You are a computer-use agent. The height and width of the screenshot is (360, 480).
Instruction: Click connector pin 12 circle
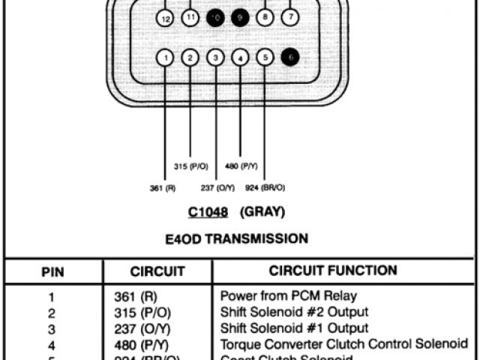point(166,18)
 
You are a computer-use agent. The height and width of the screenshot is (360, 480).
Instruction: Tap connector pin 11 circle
point(190,16)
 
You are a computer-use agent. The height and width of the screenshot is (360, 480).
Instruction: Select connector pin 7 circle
point(290,16)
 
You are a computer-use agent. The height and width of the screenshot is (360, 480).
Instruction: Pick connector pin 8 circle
point(265,16)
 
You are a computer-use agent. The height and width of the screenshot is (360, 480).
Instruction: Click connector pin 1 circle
point(166,57)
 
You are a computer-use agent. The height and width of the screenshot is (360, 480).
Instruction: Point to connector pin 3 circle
point(215,57)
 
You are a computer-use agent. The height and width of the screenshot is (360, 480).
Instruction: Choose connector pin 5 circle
point(265,56)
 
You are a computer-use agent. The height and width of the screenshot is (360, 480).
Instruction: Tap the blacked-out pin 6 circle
point(290,56)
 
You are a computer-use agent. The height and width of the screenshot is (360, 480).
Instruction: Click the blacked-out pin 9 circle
point(240,16)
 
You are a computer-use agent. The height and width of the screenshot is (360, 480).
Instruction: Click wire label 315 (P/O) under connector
point(190,166)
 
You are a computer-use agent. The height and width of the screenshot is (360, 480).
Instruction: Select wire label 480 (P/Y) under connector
point(241,166)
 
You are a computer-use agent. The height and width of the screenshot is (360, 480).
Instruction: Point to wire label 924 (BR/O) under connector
point(265,187)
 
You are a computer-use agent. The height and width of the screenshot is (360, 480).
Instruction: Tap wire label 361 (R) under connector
point(163,187)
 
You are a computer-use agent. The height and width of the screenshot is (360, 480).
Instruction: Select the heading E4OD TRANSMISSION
point(236,239)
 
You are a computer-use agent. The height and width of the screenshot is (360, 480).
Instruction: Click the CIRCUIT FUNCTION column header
point(333,270)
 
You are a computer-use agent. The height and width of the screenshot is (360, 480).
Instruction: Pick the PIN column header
point(52,271)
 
